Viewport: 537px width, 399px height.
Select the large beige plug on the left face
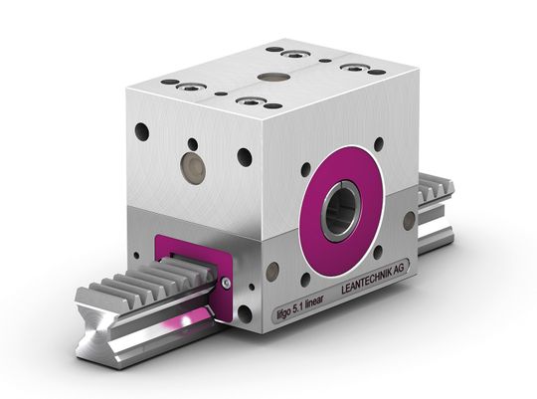191,168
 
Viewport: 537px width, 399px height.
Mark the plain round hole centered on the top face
270,76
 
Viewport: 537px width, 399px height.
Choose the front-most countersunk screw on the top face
251,101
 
